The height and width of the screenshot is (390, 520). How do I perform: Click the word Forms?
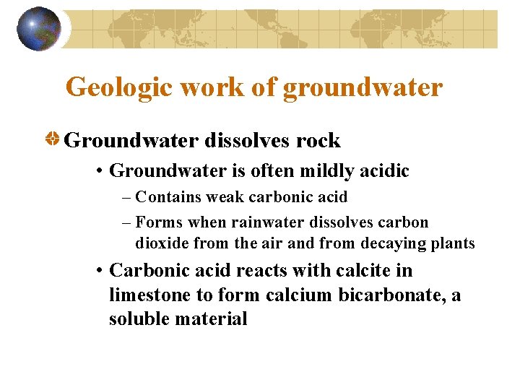click(156, 222)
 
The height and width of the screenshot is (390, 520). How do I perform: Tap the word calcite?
click(361, 270)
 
